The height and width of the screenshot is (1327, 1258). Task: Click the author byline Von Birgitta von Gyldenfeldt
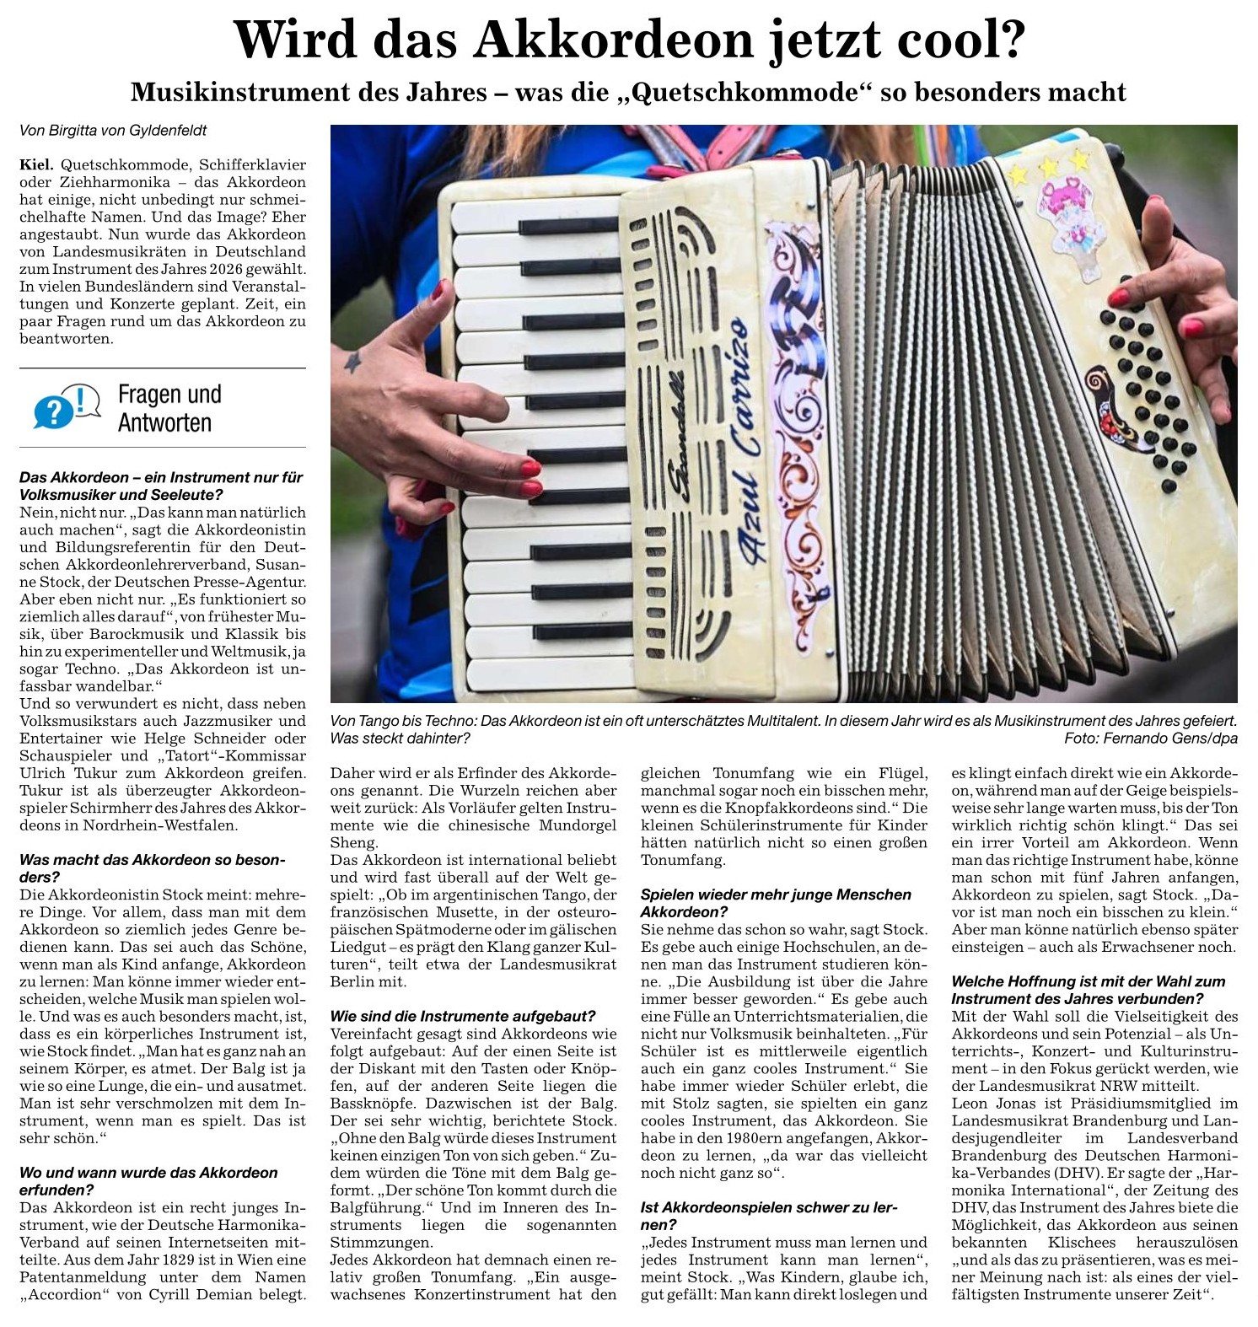tap(113, 131)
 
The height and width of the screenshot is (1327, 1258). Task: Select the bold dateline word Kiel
tap(36, 164)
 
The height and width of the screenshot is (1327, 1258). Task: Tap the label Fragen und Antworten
tap(169, 408)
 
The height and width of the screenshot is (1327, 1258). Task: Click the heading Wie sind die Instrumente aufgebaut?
tap(463, 1016)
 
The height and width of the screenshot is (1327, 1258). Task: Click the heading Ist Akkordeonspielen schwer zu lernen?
tap(769, 1216)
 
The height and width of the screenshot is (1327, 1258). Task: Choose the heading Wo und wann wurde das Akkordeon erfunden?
tap(148, 1181)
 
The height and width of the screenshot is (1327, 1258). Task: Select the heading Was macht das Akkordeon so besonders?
tap(152, 868)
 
